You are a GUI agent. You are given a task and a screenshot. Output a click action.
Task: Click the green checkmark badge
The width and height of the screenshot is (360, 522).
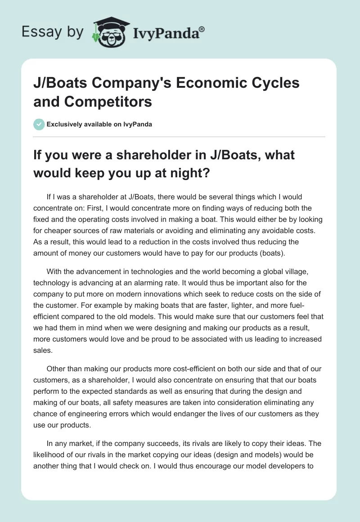pos(39,124)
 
